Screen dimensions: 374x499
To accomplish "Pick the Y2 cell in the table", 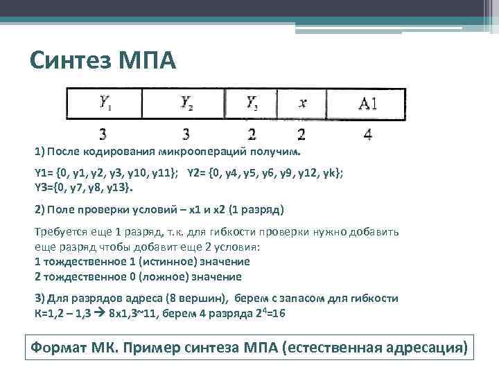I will pos(187,104).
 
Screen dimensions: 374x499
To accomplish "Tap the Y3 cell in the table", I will pos(252,104).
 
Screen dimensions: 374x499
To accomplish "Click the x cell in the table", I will pos(302,104).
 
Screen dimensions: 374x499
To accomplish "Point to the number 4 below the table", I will pos(367,135).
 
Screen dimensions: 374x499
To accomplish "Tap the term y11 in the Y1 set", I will pos(164,171).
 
